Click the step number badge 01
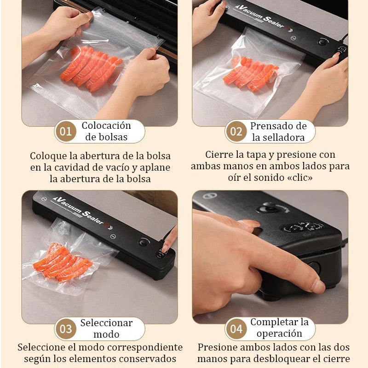pyautogui.click(x=66, y=132)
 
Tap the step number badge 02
pyautogui.click(x=236, y=132)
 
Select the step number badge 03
pyautogui.click(x=66, y=329)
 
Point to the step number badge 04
pyautogui.click(x=236, y=329)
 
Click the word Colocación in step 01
pyautogui.click(x=106, y=126)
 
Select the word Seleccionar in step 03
pyautogui.click(x=106, y=323)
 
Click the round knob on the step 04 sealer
pyautogui.click(x=267, y=207)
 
